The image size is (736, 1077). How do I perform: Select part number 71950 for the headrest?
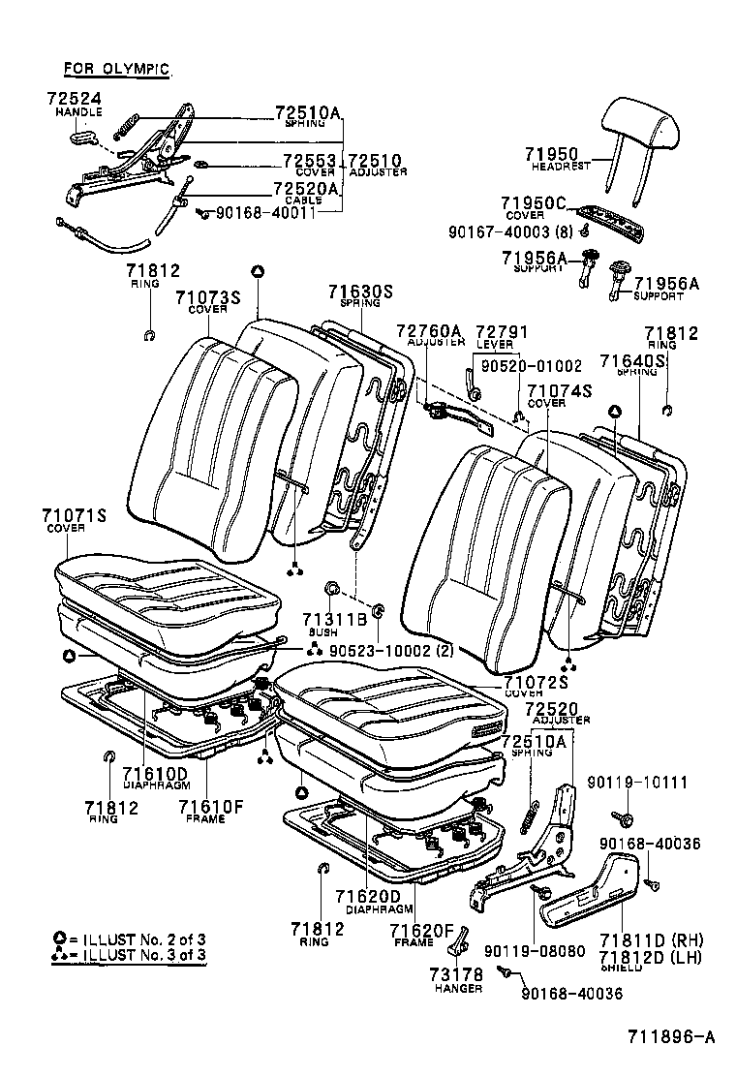pos(552,154)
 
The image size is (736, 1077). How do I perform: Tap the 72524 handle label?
pos(73,99)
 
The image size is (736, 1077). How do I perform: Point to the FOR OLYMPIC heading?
pos(116,69)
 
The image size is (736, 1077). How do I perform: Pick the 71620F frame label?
pos(422,931)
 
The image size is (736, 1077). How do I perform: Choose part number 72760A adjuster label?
pos(429,331)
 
